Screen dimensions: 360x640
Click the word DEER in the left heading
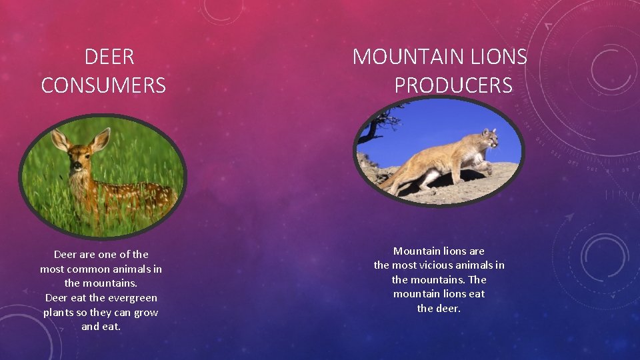click(109, 57)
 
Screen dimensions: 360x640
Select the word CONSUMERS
click(103, 85)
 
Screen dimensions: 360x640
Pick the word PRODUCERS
click(453, 85)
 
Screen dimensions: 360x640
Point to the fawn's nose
click(77, 165)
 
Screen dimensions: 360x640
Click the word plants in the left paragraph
click(58, 312)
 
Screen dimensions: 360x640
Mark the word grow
click(145, 312)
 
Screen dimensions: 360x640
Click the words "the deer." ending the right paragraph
click(439, 308)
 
